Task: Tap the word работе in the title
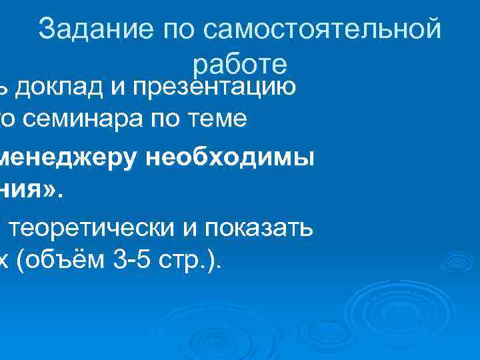pyautogui.click(x=240, y=65)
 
